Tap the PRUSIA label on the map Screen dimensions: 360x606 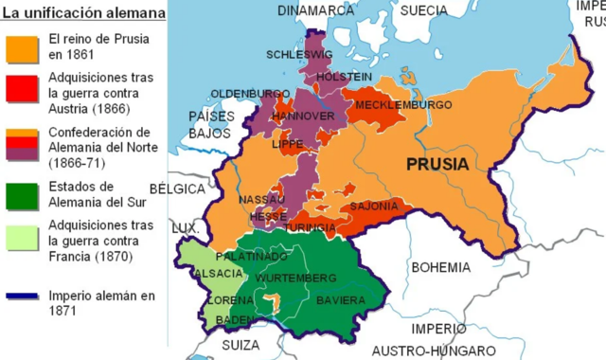pyautogui.click(x=437, y=165)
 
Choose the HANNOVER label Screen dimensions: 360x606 pyautogui.click(x=302, y=116)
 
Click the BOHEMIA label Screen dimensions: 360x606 pyautogui.click(x=440, y=267)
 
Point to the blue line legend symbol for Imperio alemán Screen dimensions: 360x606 pyautogui.click(x=23, y=297)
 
